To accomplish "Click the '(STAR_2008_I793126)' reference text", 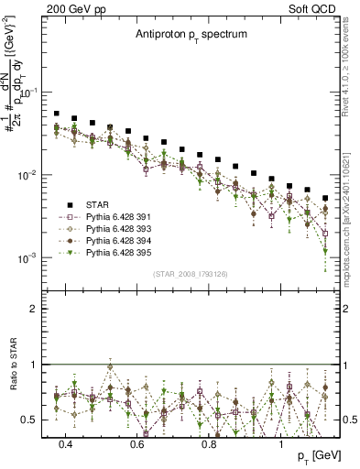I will click(190, 272).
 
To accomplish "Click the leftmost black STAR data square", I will click(57, 115).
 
